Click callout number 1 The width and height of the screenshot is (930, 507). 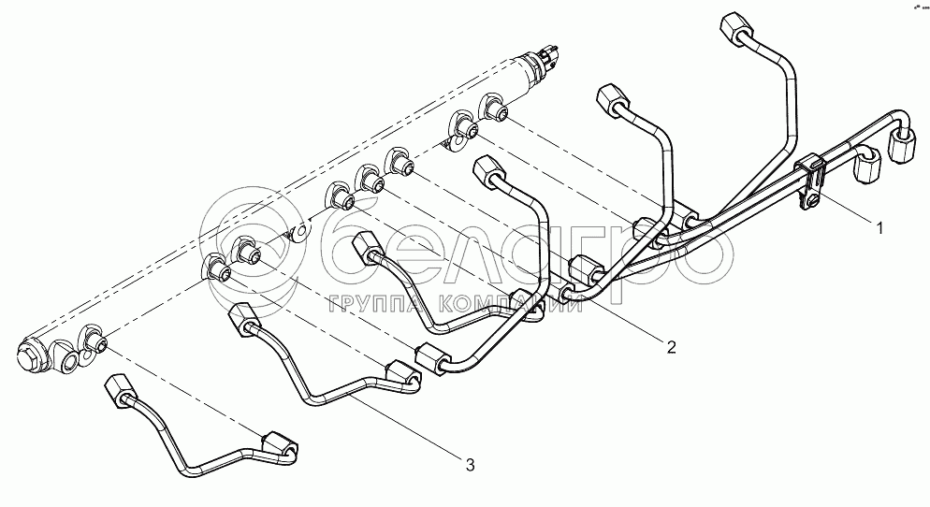tap(877, 225)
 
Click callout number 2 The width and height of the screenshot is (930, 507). tap(671, 347)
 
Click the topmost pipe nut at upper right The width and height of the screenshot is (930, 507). tap(734, 25)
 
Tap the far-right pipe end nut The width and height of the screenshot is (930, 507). tap(903, 146)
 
